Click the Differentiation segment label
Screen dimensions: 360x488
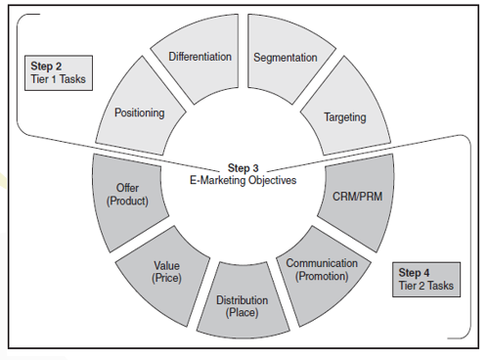coord(200,56)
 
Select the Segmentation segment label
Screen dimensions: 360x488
coord(285,57)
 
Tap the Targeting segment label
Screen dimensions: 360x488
coord(344,117)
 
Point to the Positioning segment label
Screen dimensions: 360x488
coord(139,112)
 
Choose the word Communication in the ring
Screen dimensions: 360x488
coord(322,263)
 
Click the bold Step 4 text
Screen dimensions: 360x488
coord(416,272)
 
